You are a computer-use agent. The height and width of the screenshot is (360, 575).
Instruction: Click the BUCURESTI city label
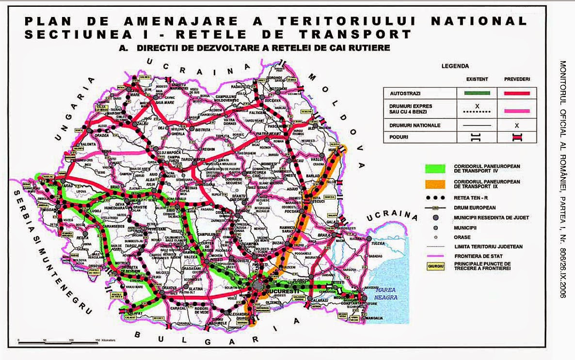point(269,291)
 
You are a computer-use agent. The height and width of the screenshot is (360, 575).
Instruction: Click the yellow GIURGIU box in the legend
point(435,266)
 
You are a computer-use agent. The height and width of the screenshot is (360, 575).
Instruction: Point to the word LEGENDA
point(455,66)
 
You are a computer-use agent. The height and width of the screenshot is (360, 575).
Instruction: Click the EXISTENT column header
point(477,79)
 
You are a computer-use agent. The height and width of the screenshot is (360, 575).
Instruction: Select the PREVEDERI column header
point(517,79)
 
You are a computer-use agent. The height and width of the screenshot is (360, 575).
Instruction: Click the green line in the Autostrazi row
point(477,92)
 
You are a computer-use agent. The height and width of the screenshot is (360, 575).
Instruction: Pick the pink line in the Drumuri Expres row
point(517,111)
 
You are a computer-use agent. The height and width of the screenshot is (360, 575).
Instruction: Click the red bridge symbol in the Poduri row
point(517,137)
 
